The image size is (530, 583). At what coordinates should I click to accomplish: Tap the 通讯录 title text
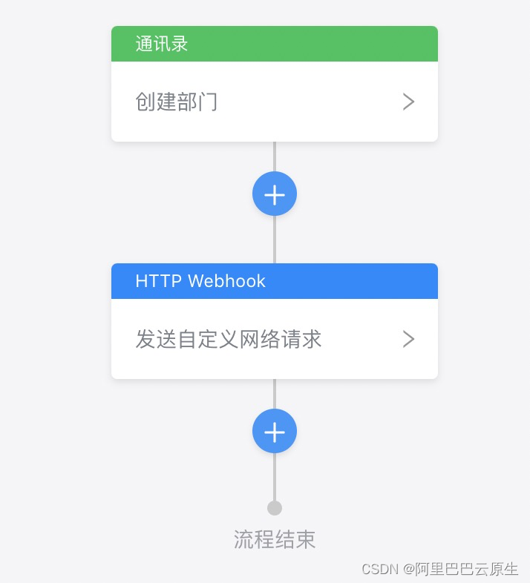(x=162, y=44)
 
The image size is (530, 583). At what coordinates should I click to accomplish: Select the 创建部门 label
(x=177, y=102)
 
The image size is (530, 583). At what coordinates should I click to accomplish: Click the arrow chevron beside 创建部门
(x=408, y=102)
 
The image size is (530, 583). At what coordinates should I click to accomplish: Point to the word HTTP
(x=158, y=281)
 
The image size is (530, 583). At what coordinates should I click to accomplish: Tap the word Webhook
(x=226, y=281)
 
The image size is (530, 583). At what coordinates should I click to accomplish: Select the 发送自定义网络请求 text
(x=228, y=339)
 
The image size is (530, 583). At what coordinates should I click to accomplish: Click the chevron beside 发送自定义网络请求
(x=408, y=339)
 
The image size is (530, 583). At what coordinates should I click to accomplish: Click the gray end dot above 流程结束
(x=275, y=508)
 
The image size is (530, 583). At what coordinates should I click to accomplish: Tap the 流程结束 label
(x=275, y=539)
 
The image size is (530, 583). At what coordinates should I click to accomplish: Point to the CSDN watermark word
(x=380, y=569)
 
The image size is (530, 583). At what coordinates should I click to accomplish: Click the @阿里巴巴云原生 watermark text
(x=460, y=569)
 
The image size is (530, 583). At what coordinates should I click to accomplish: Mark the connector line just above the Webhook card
(x=275, y=240)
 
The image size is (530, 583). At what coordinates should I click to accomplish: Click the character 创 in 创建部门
(x=145, y=102)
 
